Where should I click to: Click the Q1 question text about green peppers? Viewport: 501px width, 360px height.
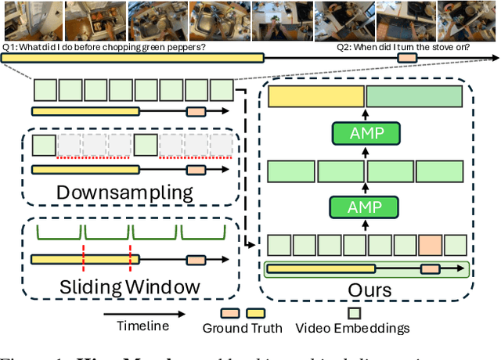(x=105, y=47)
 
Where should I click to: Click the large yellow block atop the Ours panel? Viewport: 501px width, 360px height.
(x=316, y=96)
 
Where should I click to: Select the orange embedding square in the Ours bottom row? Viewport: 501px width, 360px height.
(x=430, y=244)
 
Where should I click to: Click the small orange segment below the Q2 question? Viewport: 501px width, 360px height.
(x=407, y=58)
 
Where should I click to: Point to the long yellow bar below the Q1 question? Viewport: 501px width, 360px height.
(x=133, y=58)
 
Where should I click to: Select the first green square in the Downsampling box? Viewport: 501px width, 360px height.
(x=44, y=146)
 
